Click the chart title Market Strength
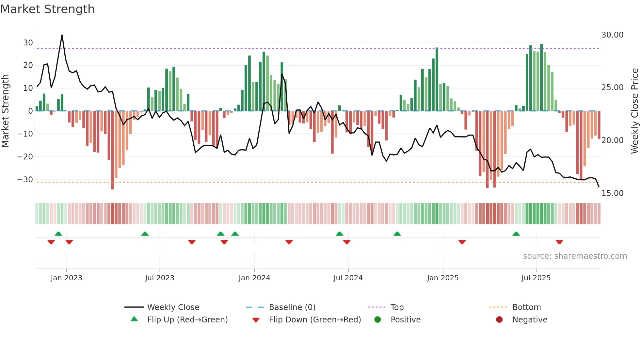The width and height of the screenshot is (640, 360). tap(47, 9)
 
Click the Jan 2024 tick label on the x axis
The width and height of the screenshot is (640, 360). tap(254, 278)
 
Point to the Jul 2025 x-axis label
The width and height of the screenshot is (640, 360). tap(536, 278)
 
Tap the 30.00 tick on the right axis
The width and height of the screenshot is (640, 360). tap(612, 35)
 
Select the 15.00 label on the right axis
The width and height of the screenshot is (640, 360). tap(612, 193)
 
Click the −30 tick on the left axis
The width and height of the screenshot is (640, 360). tap(25, 180)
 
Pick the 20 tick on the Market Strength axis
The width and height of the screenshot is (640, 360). tap(28, 65)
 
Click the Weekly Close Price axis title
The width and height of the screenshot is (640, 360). tap(634, 111)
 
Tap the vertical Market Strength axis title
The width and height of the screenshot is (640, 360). tap(5, 111)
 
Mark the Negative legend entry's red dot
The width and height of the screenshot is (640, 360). tap(499, 320)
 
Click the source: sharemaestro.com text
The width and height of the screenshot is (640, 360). tap(575, 256)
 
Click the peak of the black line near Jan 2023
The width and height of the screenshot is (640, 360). tap(62, 35)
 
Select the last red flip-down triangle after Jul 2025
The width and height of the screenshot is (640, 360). tap(559, 242)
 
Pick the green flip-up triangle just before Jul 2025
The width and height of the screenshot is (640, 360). tap(516, 234)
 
